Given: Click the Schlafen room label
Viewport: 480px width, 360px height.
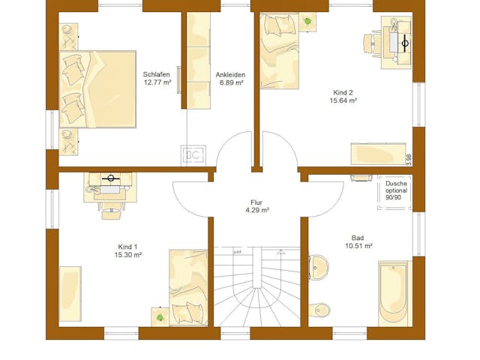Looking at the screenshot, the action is click(157, 74).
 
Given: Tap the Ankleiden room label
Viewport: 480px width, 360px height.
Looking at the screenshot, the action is click(230, 75).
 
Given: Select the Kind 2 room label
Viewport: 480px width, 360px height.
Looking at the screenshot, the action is click(343, 92).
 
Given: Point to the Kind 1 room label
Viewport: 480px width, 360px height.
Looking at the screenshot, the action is click(127, 247).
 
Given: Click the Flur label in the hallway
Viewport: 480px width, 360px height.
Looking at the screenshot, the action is click(256, 202).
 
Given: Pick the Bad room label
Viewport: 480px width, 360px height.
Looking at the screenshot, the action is click(358, 238).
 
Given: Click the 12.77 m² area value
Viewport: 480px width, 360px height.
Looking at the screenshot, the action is click(157, 82).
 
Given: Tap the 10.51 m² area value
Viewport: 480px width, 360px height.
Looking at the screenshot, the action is click(358, 245).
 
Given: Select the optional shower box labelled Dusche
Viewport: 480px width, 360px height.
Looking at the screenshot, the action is click(395, 193).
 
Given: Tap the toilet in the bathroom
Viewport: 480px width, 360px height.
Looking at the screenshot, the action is click(319, 310).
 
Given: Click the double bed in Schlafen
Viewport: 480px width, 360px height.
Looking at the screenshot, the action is click(97, 89).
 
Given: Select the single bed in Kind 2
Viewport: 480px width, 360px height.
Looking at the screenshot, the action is click(279, 51).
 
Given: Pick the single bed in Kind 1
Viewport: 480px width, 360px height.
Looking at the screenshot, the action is click(188, 288).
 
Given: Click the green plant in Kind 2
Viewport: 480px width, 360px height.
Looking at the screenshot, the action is click(307, 22).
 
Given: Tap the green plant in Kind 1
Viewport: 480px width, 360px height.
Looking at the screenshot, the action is click(160, 317).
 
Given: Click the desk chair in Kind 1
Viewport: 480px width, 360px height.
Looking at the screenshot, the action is click(112, 211).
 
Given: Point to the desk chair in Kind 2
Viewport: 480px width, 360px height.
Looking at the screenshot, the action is click(372, 43).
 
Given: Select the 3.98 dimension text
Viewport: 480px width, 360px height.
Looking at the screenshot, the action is click(409, 160).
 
